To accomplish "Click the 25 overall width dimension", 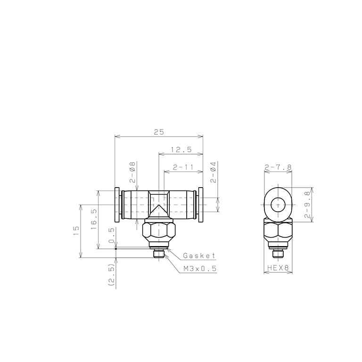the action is pos(159,132).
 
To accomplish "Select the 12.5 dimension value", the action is pos(181,149).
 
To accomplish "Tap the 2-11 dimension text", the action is pos(183,167).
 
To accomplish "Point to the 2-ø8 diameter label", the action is pos(132,172).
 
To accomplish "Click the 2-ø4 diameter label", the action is pos(214,172).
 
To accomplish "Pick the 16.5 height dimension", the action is pos(94,219).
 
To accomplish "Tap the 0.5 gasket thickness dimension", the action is pos(111,235).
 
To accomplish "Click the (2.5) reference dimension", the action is pos(112,275).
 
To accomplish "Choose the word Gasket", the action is pos(199,255).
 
